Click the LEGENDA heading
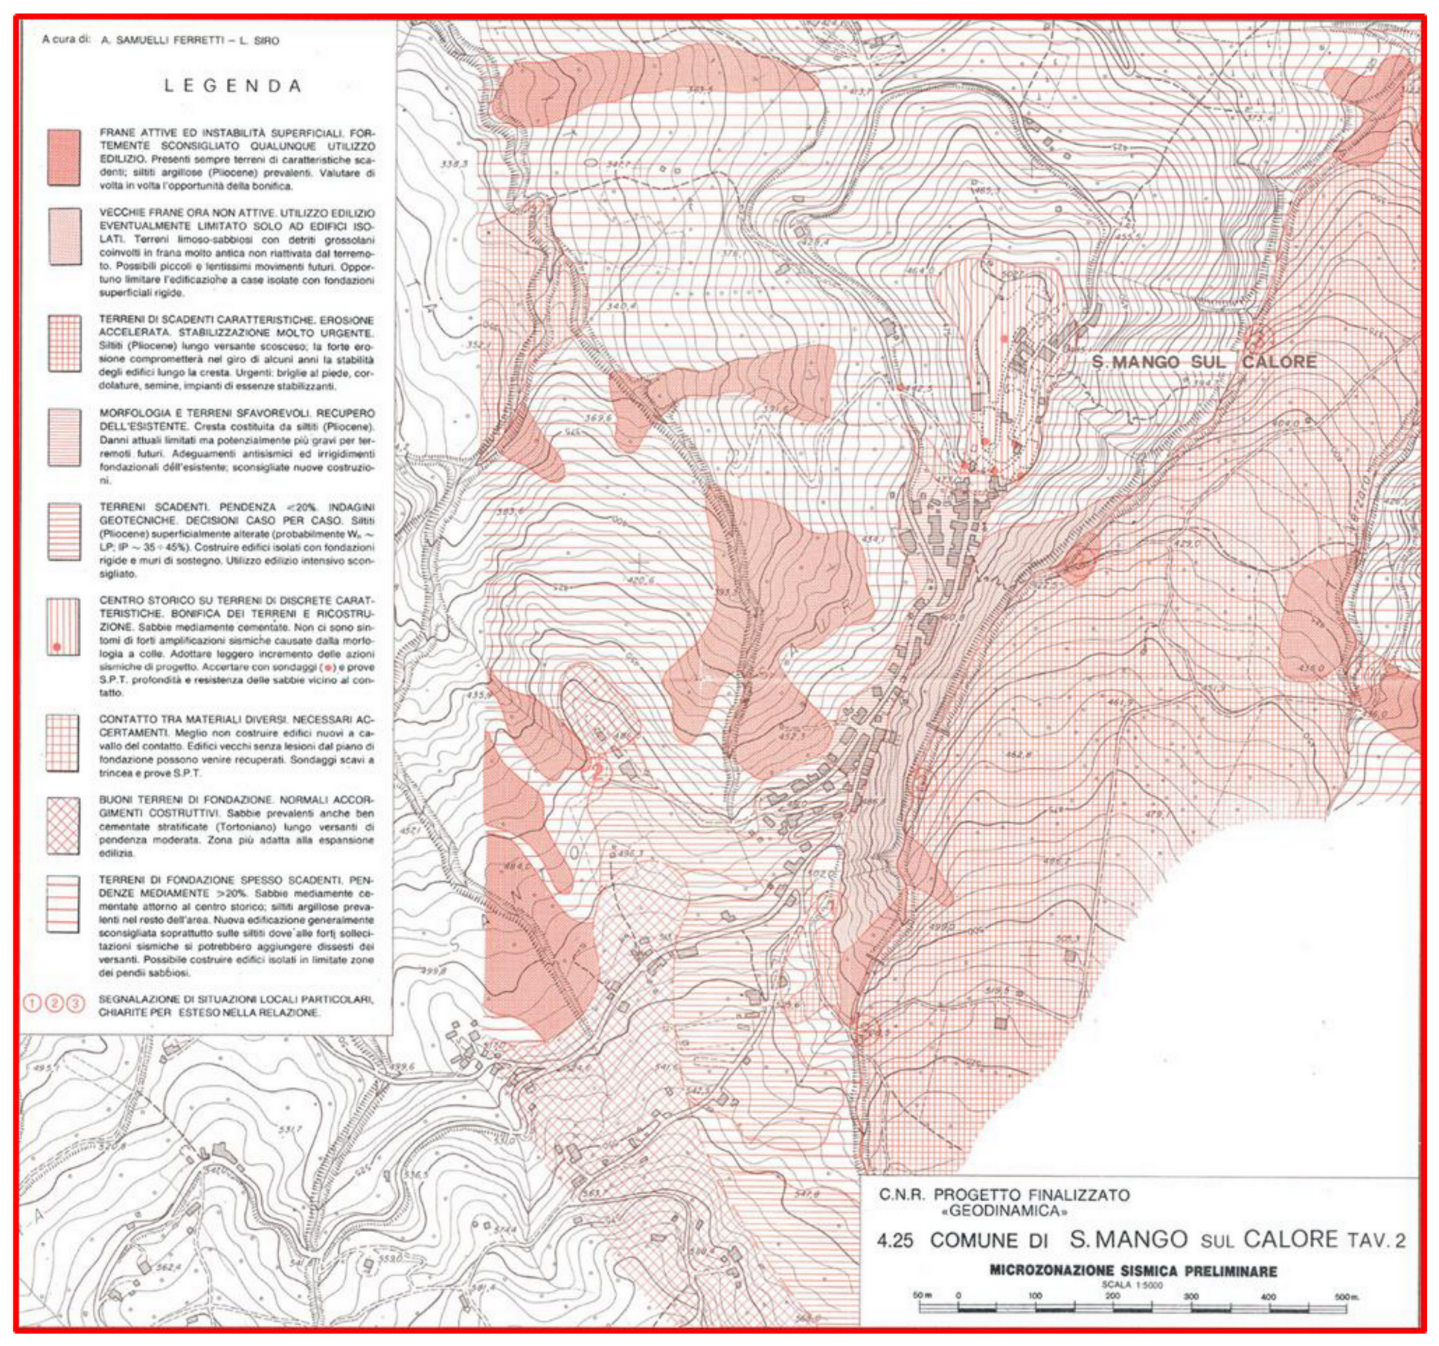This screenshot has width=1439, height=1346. (x=232, y=86)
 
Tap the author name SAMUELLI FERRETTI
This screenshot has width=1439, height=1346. (x=169, y=41)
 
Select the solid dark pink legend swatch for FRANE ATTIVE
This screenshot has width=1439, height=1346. (x=64, y=158)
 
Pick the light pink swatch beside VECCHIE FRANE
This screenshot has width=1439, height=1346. (x=64, y=237)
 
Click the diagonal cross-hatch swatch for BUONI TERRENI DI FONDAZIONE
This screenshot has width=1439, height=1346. (x=63, y=826)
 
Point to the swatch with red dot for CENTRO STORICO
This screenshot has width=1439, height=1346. (x=63, y=626)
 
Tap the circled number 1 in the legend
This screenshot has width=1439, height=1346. (x=33, y=1004)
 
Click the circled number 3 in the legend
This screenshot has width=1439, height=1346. (x=76, y=1004)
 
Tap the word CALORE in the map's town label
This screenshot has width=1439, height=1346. (x=1278, y=362)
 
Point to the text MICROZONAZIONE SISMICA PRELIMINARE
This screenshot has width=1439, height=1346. (x=1132, y=1271)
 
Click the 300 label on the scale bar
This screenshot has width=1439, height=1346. (x=1191, y=1296)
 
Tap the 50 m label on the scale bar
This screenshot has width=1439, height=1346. (x=922, y=1295)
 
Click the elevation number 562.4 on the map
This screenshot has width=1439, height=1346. (x=169, y=1267)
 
